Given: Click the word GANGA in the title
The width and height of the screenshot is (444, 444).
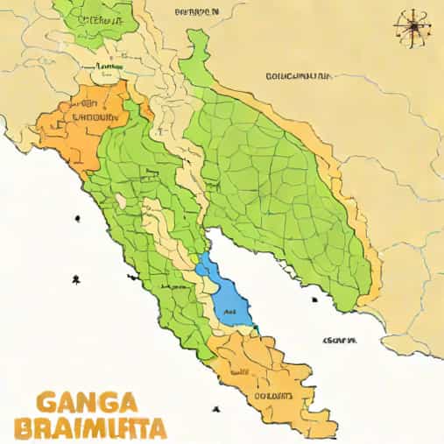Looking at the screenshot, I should (x=88, y=404).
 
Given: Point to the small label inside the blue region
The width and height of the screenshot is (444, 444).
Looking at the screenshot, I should (x=230, y=311).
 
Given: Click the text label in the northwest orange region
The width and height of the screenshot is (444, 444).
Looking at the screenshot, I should (x=94, y=116).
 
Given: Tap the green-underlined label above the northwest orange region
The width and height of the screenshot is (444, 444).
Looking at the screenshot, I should (x=109, y=66).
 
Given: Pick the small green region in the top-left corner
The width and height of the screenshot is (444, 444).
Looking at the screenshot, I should (x=92, y=22).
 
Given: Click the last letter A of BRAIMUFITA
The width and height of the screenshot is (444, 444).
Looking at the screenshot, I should (x=158, y=430).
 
